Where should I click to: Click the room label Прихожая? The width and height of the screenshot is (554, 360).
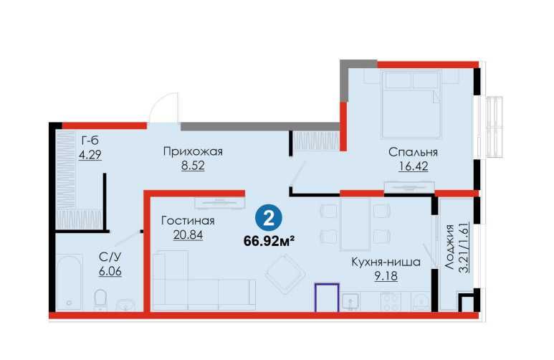[193, 151]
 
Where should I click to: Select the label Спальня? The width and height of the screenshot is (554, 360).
[413, 152]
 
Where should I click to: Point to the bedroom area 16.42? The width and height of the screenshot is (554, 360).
[413, 167]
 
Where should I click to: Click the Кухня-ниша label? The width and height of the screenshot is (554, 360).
[380, 262]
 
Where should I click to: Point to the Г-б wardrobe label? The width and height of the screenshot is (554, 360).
[90, 140]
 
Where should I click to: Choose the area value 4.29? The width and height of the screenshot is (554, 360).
[90, 155]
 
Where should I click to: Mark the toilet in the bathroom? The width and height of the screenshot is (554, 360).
[101, 297]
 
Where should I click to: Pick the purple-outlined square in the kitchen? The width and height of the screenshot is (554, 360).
[328, 297]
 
